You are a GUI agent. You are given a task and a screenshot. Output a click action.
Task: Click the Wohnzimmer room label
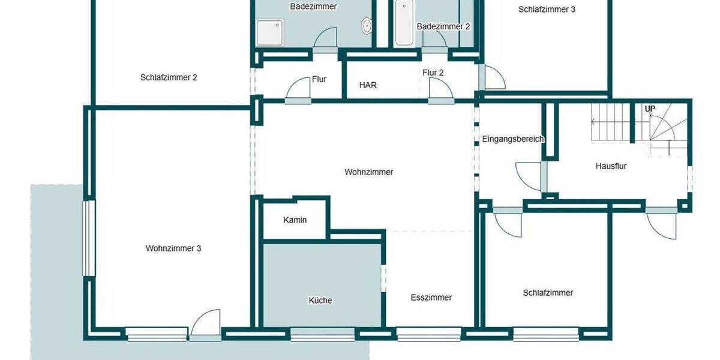tap(368, 172)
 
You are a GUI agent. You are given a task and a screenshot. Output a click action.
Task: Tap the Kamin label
tap(295, 220)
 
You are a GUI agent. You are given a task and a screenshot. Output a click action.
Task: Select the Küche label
tap(320, 301)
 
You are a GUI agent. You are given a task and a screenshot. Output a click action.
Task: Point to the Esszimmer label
tap(431, 298)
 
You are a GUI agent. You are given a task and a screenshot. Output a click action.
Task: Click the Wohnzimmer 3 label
tap(173, 248)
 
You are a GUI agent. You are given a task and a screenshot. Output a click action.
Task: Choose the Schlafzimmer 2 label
tap(169, 77)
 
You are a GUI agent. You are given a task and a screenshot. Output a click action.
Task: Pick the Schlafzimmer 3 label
tap(547, 10)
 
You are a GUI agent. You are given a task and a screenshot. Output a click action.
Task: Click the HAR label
tap(368, 85)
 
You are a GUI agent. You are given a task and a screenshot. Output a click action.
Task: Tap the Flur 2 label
tap(433, 73)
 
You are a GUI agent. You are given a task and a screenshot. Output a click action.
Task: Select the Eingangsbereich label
tap(512, 139)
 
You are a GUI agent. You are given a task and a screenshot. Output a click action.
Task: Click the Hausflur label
tap(611, 166)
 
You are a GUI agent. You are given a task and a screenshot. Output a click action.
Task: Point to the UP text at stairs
tap(650, 109)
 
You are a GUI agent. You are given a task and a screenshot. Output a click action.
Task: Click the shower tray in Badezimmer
tap(269, 32)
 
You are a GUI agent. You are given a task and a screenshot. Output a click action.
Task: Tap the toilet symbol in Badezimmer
tap(367, 26)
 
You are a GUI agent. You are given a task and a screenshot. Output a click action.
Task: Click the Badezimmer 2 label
tap(443, 26)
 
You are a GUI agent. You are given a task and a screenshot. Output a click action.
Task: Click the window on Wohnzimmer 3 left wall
tap(88, 238)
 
